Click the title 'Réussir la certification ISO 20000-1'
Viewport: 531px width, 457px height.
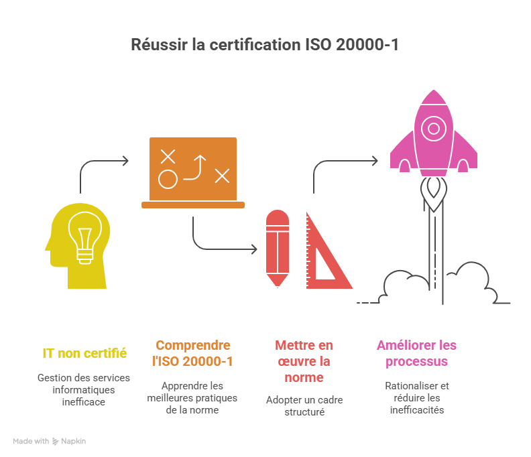click(265, 46)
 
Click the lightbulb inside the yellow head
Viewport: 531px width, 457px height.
click(84, 237)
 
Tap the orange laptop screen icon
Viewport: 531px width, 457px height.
click(193, 168)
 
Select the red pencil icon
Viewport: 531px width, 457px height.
click(277, 249)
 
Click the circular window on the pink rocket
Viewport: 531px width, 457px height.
click(434, 128)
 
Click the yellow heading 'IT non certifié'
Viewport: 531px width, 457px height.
click(84, 352)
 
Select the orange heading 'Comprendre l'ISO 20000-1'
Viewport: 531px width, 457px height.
click(193, 353)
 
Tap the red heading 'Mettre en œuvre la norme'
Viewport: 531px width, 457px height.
click(304, 361)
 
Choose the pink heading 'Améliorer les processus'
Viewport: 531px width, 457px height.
click(416, 353)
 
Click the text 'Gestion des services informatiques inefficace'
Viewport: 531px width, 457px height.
click(84, 390)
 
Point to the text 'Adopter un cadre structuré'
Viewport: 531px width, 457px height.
click(304, 406)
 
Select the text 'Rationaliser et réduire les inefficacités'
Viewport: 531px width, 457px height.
click(416, 398)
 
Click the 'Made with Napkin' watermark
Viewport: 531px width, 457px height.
click(50, 442)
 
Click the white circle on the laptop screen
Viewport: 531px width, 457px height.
click(168, 180)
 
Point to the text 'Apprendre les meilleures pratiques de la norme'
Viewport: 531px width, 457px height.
click(193, 397)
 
